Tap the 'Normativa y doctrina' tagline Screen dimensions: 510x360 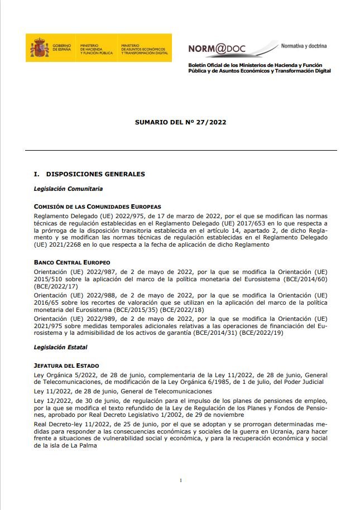click(304, 45)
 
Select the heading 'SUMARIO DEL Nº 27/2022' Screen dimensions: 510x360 click(180, 121)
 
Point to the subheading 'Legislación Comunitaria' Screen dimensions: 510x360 click(68, 189)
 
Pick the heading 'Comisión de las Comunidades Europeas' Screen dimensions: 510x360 click(97, 206)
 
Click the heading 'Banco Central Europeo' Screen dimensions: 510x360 click(72, 262)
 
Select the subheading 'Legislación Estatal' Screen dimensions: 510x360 click(61, 347)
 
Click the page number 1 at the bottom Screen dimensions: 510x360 click(181, 480)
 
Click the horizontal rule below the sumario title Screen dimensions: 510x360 click(180, 151)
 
